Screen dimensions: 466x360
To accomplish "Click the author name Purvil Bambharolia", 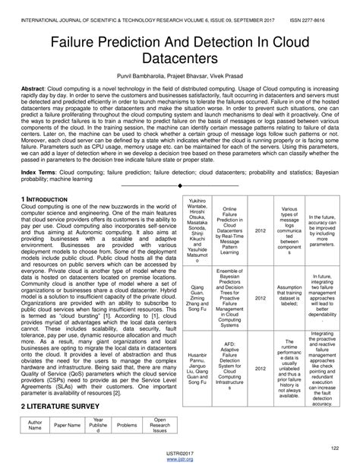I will pos(141,78).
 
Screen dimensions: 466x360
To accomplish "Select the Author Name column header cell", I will pos(36,426).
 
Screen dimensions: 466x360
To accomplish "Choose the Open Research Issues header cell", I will pos(159,426).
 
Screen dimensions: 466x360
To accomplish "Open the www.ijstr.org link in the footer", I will pos(180,460).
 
